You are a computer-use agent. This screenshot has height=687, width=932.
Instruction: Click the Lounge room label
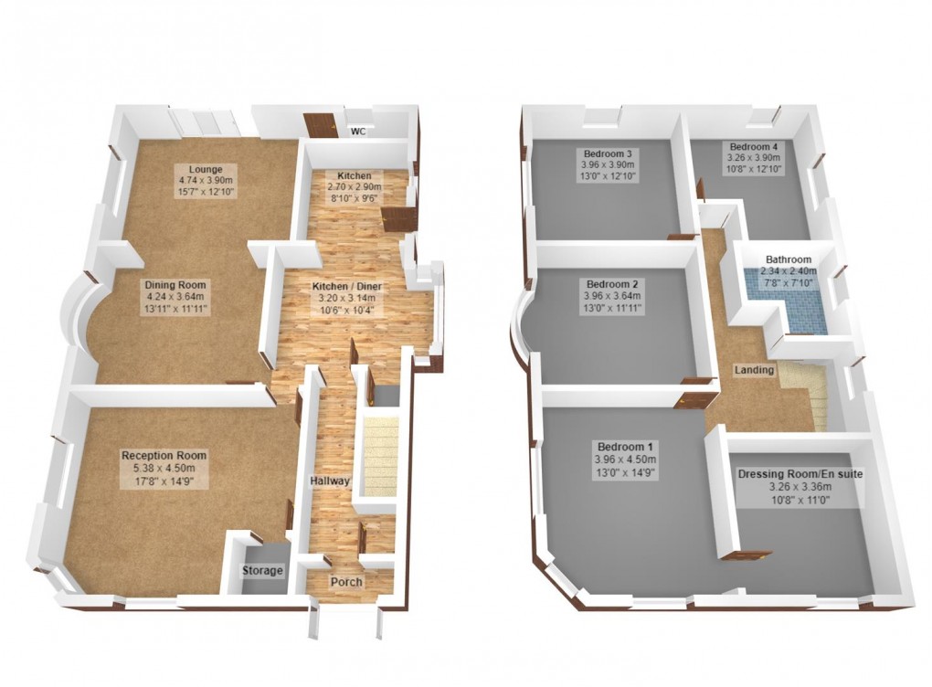tap(201, 170)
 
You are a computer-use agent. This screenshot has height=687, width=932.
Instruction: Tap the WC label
tap(359, 132)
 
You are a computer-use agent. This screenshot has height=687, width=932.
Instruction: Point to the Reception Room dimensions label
tap(164, 472)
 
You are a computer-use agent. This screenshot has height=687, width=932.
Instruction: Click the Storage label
tap(262, 571)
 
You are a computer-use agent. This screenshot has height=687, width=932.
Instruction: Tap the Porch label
tap(346, 582)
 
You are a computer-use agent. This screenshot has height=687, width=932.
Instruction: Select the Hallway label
tap(326, 481)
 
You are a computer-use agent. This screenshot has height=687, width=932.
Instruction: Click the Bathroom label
tap(789, 260)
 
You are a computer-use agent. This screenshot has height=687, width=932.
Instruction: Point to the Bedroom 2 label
tap(611, 283)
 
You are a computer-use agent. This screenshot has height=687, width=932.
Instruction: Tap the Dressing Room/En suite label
tap(800, 474)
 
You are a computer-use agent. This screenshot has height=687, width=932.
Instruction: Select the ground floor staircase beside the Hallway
tap(376, 457)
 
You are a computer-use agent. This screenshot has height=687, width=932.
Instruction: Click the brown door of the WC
tap(323, 125)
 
